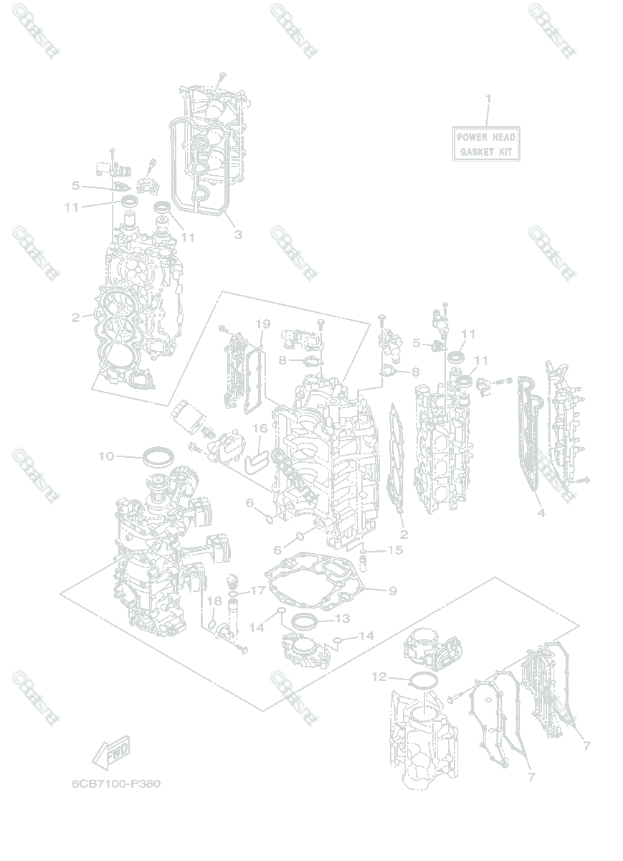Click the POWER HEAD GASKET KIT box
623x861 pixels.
[485, 144]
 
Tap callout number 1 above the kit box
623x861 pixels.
[489, 98]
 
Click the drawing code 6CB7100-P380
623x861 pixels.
[116, 784]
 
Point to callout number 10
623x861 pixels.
[106, 456]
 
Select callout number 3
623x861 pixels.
[238, 235]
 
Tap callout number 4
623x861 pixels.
[541, 512]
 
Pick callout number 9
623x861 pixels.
[393, 591]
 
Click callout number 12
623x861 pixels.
[380, 676]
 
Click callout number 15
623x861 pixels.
[395, 550]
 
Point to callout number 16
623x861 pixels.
[260, 428]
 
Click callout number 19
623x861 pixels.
[262, 324]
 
